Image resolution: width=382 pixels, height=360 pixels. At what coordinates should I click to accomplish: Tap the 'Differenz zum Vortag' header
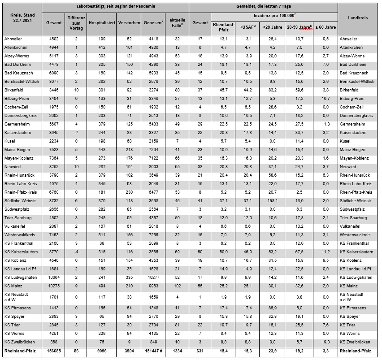click(76, 22)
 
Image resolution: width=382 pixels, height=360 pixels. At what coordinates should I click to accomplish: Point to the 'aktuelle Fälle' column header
click(178, 22)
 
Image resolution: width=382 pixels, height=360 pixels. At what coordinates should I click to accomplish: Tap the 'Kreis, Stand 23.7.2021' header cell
click(22, 17)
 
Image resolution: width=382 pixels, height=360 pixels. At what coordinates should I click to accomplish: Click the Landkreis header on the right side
click(358, 17)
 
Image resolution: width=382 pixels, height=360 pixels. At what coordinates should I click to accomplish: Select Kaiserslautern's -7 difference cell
click(76, 132)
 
